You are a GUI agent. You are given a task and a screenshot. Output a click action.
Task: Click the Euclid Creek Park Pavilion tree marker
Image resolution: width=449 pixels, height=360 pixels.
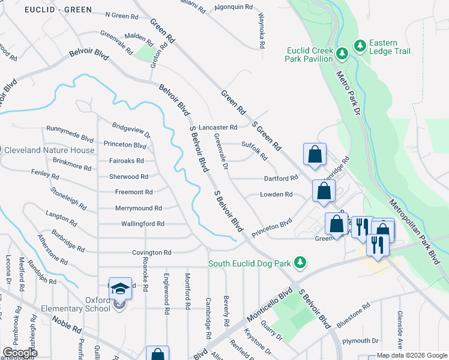click(342, 54)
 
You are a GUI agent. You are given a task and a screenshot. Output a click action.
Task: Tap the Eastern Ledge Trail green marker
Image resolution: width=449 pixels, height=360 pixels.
click(360, 46)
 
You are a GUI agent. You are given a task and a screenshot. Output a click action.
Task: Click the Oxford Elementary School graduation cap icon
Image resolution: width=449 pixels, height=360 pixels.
click(120, 289)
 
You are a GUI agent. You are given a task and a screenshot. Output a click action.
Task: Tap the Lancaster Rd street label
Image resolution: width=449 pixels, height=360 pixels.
click(218, 127)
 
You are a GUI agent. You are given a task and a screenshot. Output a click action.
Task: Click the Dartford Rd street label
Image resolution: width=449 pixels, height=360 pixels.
click(281, 178)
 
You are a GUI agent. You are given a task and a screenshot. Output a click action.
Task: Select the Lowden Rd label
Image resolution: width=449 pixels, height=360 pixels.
click(276, 194)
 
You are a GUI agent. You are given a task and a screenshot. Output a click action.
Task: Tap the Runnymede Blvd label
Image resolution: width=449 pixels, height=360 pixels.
click(71, 129)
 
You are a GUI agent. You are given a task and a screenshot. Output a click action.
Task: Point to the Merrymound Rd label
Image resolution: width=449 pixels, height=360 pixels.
click(139, 208)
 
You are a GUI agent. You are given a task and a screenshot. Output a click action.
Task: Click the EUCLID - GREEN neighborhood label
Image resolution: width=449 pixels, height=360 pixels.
click(58, 10)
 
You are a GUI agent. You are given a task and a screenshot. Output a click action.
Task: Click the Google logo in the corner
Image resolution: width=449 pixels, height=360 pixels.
click(19, 352)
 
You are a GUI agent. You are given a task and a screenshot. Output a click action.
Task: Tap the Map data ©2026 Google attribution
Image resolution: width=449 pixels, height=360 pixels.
click(412, 355)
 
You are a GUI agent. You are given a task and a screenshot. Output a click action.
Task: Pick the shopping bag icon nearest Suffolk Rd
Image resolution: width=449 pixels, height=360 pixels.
click(315, 155)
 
